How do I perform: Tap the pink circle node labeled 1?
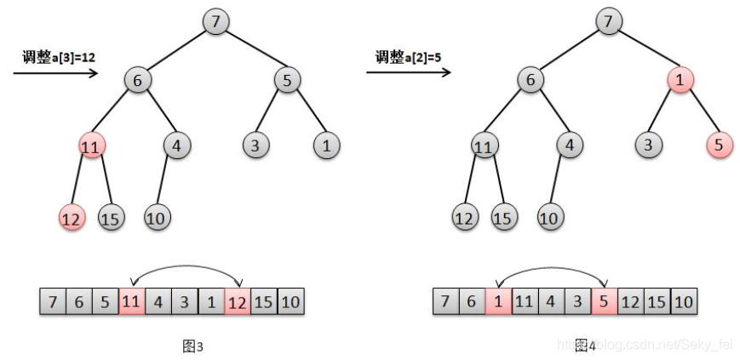click(680, 81)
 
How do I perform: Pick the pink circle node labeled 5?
click(719, 146)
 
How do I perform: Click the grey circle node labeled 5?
click(288, 81)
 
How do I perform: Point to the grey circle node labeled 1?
click(326, 146)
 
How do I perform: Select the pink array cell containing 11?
click(131, 301)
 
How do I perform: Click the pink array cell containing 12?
click(238, 301)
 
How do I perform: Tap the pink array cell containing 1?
click(498, 301)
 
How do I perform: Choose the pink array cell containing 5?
click(605, 301)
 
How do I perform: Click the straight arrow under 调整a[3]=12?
click(56, 73)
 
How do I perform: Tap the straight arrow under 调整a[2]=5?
click(409, 73)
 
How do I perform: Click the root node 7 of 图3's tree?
click(216, 20)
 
